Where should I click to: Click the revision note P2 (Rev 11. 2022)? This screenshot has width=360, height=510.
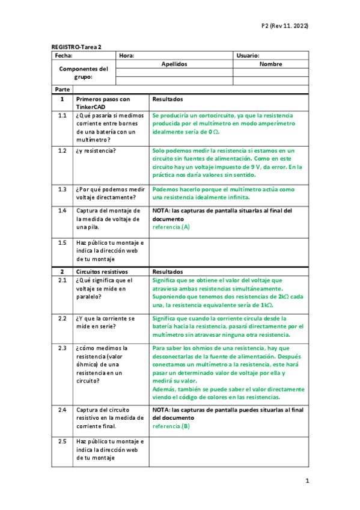[x=284, y=26]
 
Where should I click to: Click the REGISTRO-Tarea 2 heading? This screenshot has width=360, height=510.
[x=76, y=46]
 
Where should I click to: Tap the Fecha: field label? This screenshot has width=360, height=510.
[x=63, y=55]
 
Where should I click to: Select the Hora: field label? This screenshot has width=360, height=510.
[x=126, y=55]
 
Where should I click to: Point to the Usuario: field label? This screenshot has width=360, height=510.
[x=248, y=55]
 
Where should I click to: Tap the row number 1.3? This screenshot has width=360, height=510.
[x=63, y=189]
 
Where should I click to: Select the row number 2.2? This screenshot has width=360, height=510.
[x=63, y=318]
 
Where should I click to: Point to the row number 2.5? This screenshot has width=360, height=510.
[x=63, y=441]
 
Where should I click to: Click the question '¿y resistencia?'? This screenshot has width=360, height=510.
[x=96, y=150]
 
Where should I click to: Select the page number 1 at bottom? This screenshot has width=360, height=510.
[x=307, y=481]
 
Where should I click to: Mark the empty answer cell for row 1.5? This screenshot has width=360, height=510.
[x=228, y=251]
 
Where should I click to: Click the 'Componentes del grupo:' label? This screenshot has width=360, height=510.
[x=83, y=73]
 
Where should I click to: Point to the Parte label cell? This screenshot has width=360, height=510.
[x=62, y=89]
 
